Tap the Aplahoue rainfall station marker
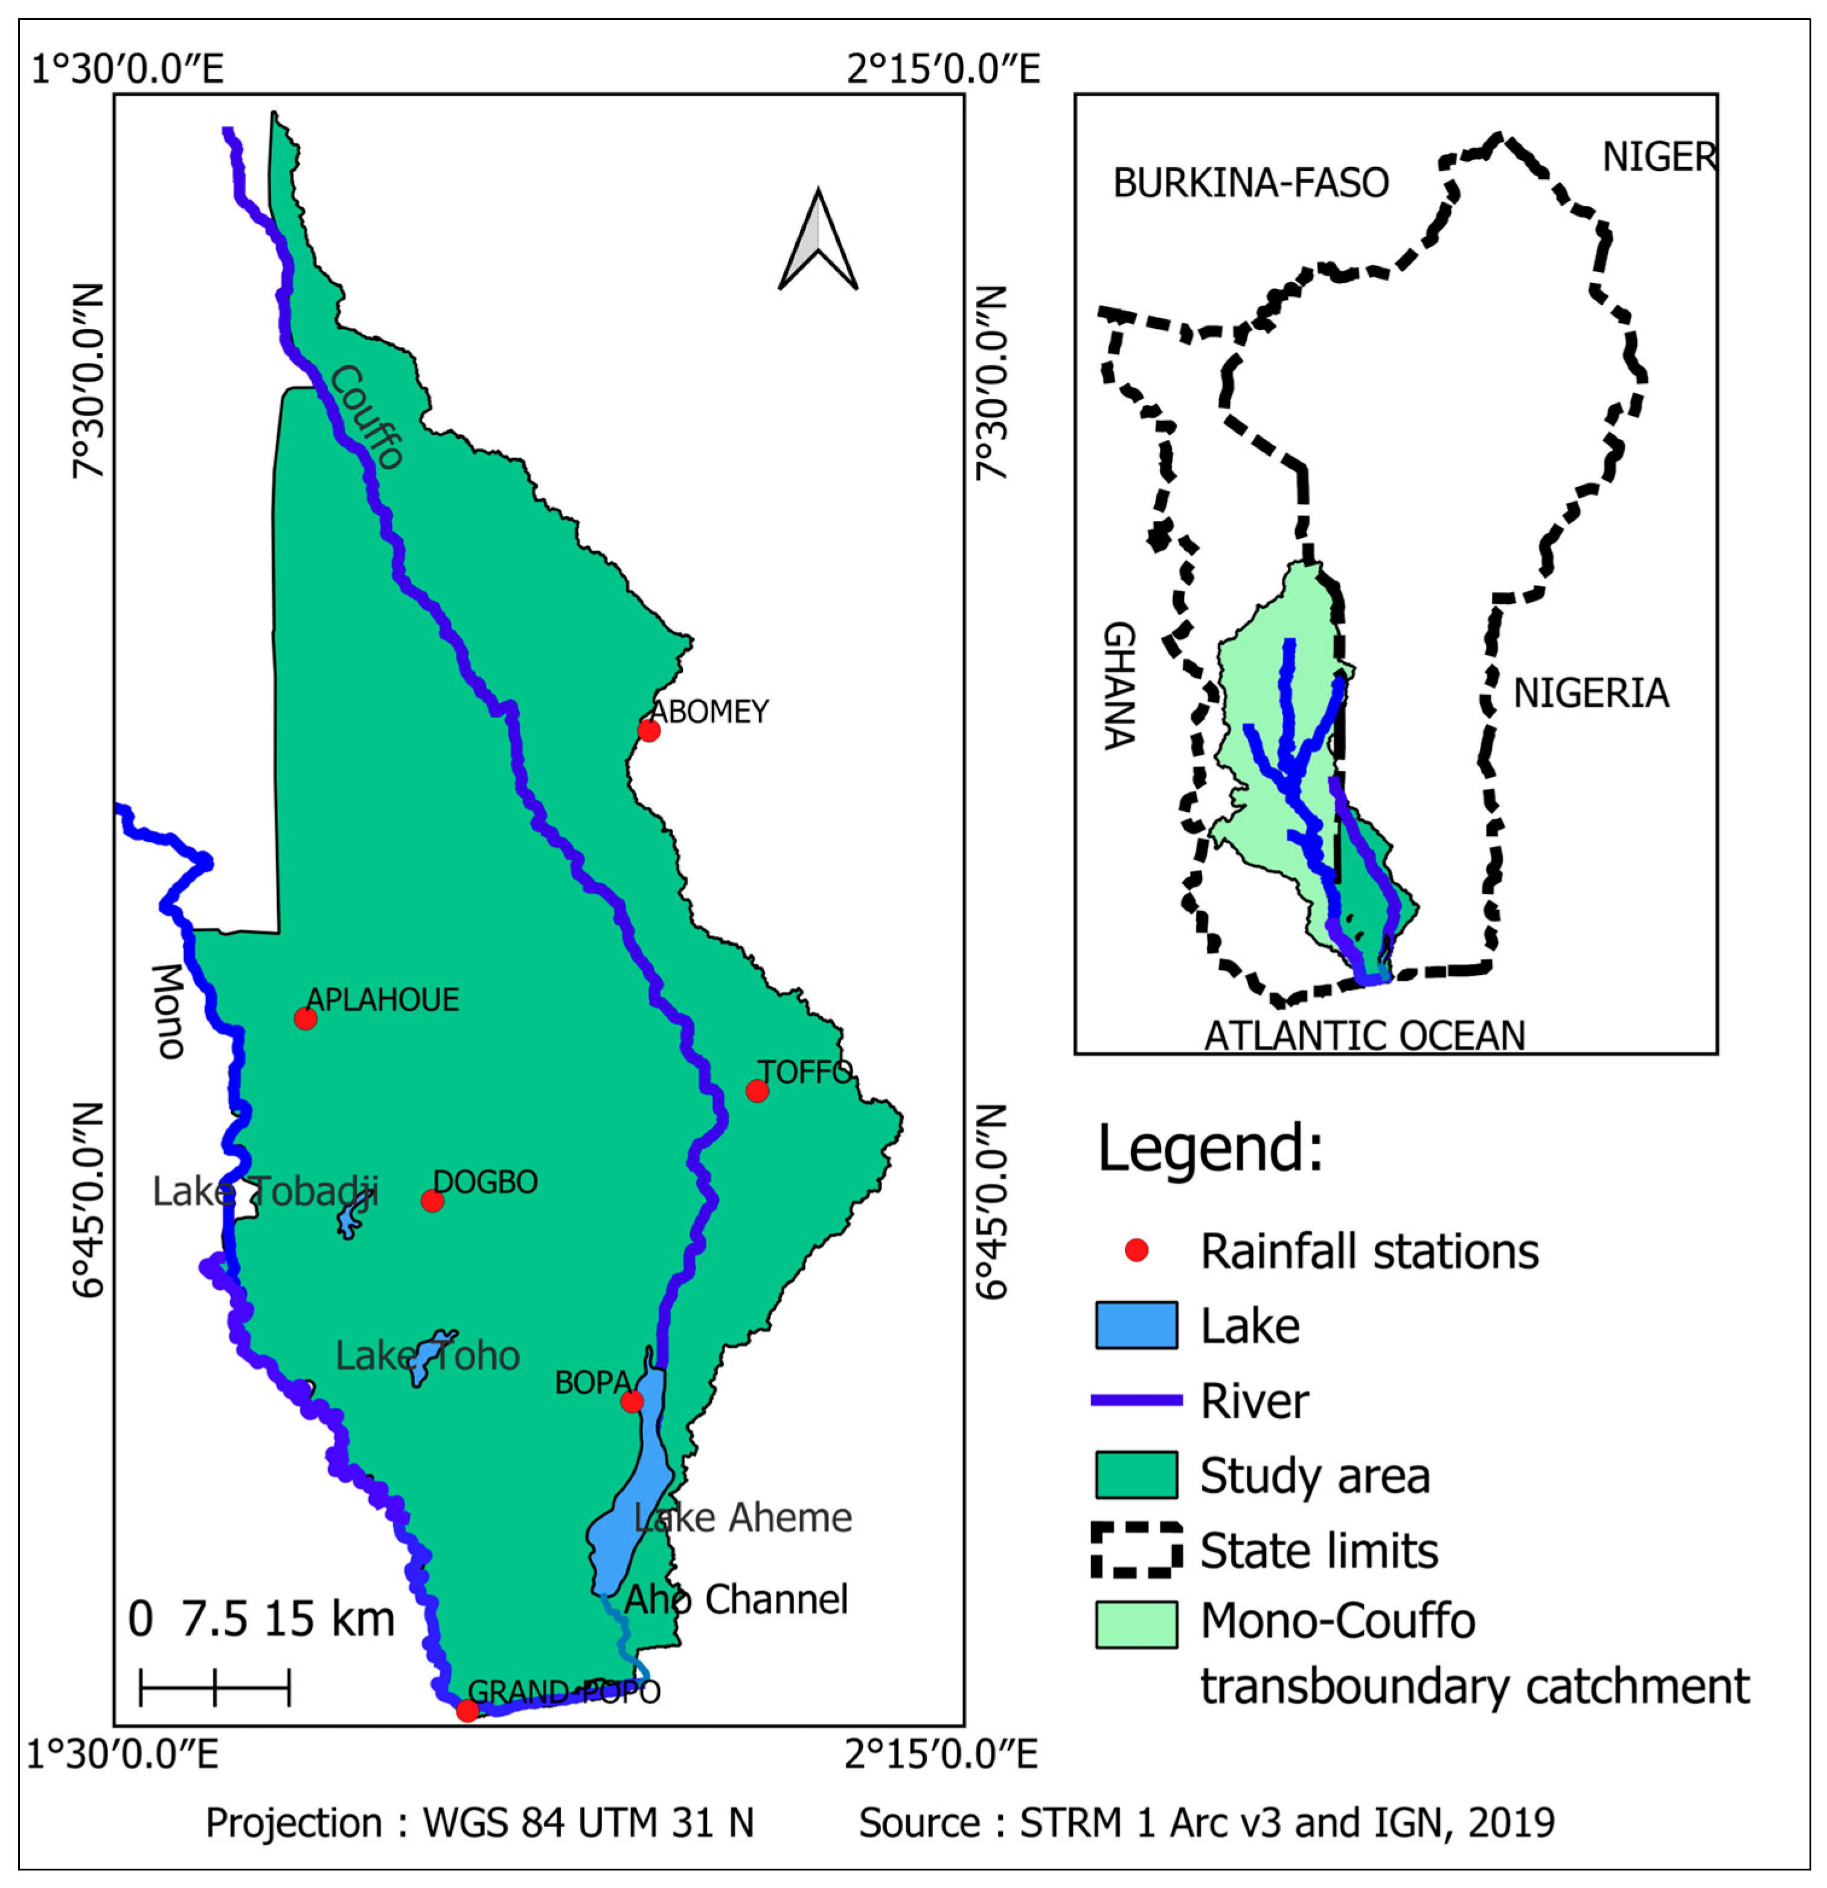pos(306,1018)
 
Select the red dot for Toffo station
pos(757,1091)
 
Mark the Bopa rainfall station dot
pos(631,1400)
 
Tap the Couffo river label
pos(366,417)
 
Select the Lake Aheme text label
pos(742,1518)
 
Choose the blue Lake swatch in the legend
pos(1136,1325)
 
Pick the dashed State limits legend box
pos(1136,1550)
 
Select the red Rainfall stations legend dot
pos(1136,1251)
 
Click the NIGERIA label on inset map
pos(1590,694)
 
